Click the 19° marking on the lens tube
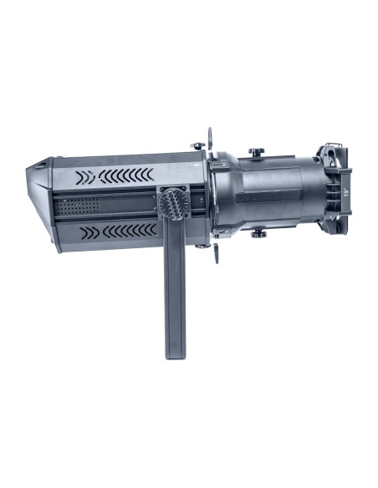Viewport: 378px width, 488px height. click(x=346, y=192)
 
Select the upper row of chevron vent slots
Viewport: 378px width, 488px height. click(x=115, y=176)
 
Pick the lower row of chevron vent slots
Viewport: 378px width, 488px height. click(x=118, y=231)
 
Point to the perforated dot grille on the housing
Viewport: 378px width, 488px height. click(x=77, y=206)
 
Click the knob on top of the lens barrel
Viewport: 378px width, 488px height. click(x=256, y=151)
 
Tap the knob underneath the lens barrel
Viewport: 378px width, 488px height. click(x=258, y=233)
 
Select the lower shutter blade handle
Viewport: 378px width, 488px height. click(x=216, y=252)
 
